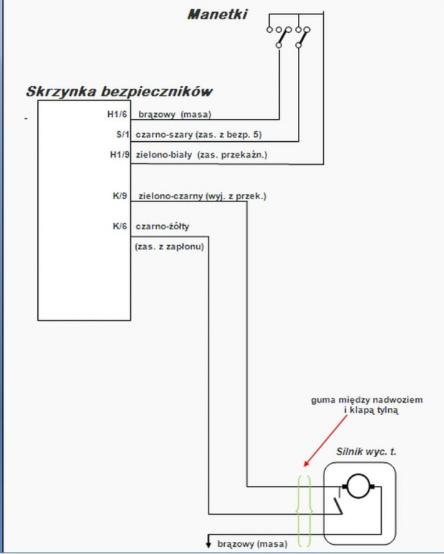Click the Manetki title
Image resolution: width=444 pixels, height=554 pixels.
[218, 14]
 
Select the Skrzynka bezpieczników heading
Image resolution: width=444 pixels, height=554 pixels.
[120, 91]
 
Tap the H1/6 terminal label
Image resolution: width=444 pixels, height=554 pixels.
[117, 114]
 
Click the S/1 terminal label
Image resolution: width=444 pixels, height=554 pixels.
[123, 134]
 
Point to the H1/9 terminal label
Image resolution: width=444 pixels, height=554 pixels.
[120, 154]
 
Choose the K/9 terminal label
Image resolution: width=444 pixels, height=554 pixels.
[120, 196]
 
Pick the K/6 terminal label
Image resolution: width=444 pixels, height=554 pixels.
[120, 226]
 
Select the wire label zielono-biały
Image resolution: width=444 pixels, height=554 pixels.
[164, 155]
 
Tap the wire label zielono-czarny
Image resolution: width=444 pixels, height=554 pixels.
[171, 196]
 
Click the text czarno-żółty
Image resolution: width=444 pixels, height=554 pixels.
[163, 226]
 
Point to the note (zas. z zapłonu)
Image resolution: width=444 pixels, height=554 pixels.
[170, 247]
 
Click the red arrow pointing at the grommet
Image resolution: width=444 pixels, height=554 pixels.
[325, 440]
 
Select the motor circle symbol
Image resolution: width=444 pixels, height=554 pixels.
[358, 486]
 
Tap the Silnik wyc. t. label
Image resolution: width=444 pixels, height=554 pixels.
[366, 452]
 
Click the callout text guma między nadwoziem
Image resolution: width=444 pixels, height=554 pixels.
[367, 400]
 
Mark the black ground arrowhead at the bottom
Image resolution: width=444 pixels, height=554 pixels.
[208, 543]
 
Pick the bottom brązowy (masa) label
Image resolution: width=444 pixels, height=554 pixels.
[252, 544]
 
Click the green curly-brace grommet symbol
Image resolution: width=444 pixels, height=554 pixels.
[304, 511]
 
